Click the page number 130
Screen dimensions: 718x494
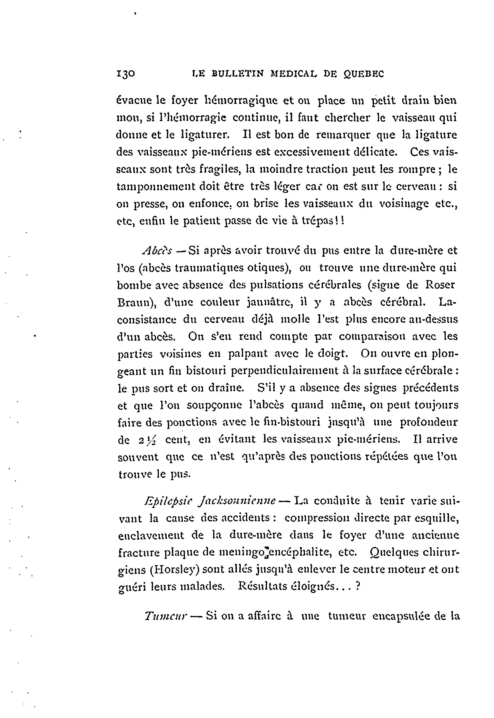click(126, 74)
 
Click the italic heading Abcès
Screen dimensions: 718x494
click(157, 250)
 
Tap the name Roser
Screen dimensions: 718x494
click(440, 285)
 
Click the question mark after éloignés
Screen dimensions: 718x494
click(358, 586)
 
